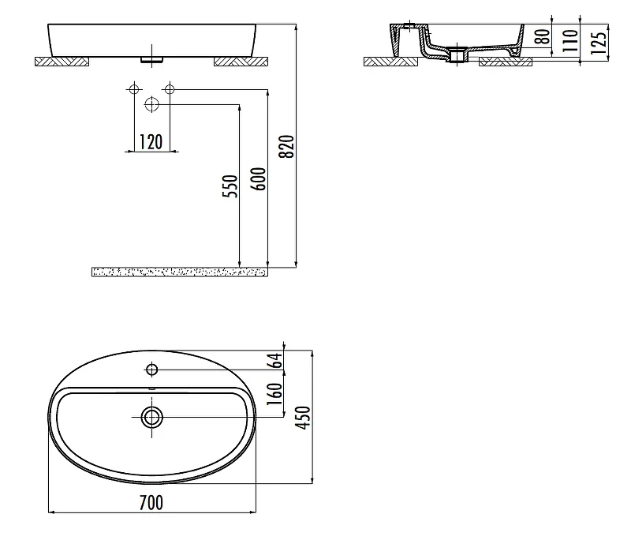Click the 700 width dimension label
coord(151,502)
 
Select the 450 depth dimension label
coord(304,418)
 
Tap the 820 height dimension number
coord(287,147)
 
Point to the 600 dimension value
coord(259,179)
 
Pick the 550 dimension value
coord(230,186)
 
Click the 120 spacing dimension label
coord(151,142)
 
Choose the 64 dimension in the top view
coord(275,361)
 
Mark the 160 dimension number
coord(275,394)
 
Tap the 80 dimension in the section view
coord(543,36)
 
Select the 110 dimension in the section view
coord(569,41)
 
